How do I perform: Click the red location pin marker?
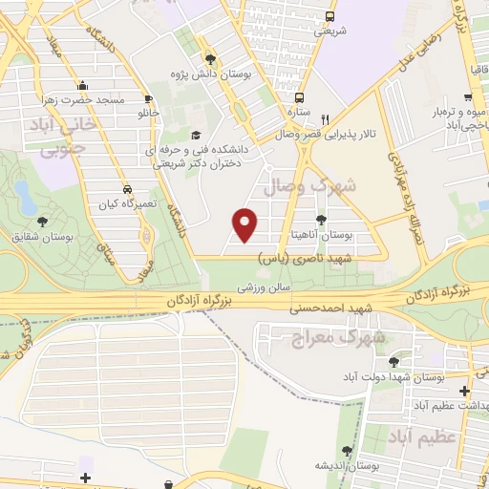tap(245, 223)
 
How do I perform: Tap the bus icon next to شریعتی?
tap(330, 16)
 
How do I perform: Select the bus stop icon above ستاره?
tap(299, 97)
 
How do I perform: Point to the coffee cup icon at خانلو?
tap(148, 99)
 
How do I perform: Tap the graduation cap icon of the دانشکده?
tap(196, 136)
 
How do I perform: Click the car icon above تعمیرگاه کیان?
tap(128, 187)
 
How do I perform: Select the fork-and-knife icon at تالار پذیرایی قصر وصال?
tap(325, 119)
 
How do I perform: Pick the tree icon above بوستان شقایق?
tap(39, 222)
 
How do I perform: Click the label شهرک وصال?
tap(321, 184)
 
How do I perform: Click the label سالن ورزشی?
tap(263, 287)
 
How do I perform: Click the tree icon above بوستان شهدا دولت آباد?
tap(393, 362)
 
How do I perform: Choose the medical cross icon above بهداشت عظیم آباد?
tap(464, 391)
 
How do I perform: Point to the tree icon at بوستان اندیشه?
tap(347, 451)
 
